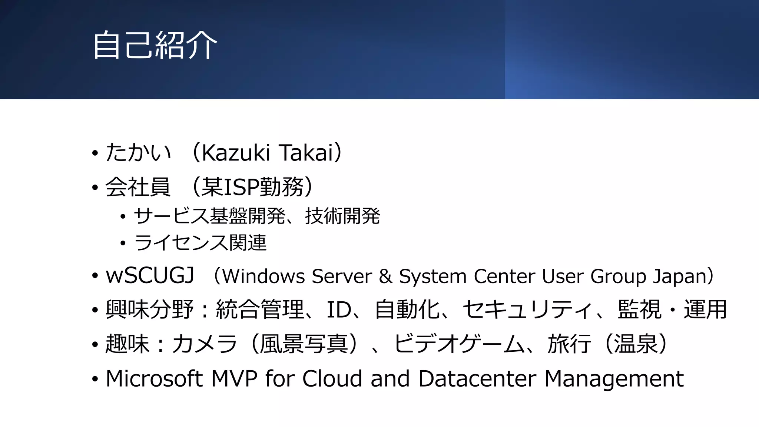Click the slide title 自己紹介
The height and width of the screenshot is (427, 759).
pos(155,45)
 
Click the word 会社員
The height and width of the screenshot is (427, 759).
pos(138,187)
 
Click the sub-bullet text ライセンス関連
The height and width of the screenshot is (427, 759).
pos(200,243)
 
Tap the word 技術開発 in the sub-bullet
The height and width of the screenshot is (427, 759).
pos(342,216)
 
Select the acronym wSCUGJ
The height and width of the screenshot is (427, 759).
pos(150,276)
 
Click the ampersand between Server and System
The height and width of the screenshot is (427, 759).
pos(385,277)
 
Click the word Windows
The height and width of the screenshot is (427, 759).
pos(264,277)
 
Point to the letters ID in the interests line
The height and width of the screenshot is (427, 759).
pos(339,310)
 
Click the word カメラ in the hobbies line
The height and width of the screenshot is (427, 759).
pos(204,344)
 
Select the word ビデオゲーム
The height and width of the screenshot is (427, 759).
pos(459,344)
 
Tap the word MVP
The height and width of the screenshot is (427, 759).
pos(234,379)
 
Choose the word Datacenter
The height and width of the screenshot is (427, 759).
pos(477,379)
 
